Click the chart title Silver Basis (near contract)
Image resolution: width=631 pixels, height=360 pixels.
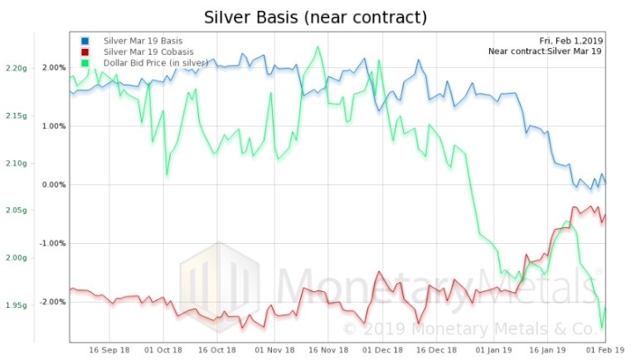314,17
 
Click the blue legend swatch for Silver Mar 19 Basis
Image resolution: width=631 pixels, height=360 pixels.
85,41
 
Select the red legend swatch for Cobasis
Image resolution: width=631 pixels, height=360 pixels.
85,52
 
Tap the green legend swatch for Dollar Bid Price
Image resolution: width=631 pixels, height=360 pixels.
85,64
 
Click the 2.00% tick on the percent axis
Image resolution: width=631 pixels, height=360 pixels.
53,67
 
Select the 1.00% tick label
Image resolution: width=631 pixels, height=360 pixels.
53,126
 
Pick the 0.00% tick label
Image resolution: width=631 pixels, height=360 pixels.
53,184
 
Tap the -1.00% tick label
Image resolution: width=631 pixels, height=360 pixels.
51,243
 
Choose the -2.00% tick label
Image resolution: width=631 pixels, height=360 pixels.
51,302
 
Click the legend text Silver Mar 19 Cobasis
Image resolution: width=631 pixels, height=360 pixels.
143,52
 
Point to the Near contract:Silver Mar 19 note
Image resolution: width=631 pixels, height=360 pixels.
545,51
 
